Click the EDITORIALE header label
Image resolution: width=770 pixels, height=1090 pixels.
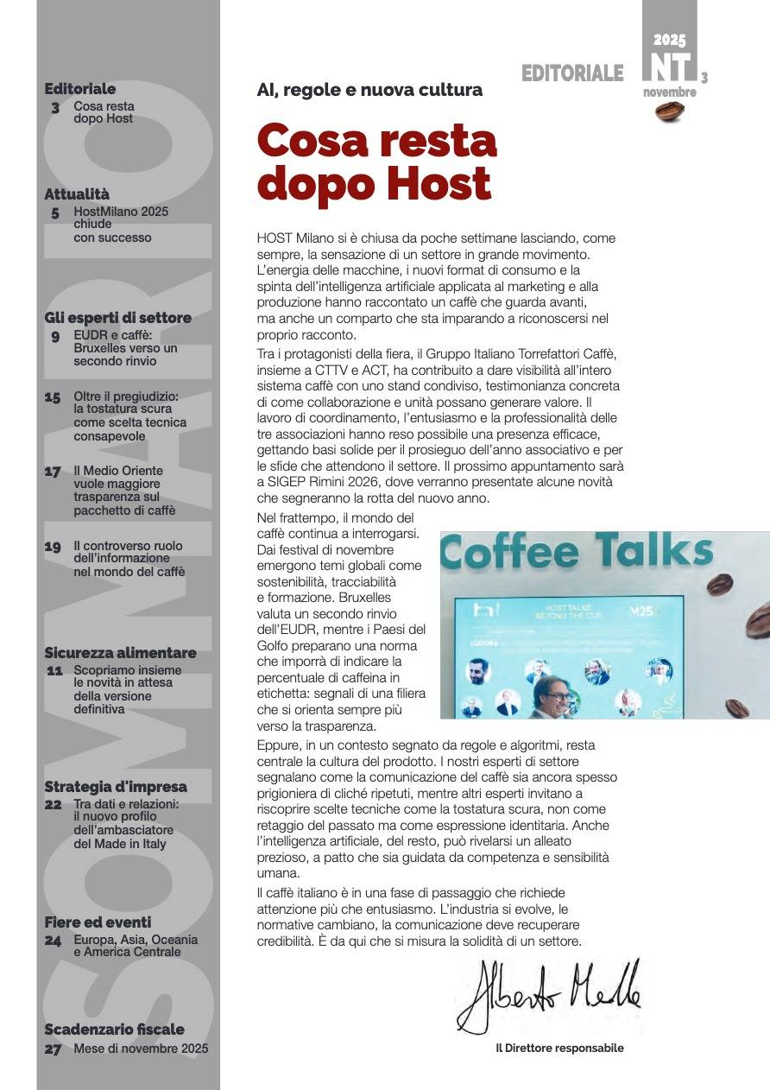coord(571,74)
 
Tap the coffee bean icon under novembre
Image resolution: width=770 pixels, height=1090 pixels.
coord(669,111)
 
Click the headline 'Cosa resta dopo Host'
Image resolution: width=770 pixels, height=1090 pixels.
coord(377,162)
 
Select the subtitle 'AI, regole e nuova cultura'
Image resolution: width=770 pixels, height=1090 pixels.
coord(369,90)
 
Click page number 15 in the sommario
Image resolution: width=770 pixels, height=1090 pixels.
coord(53,397)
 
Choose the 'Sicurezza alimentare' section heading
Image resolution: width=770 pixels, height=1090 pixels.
coord(120,653)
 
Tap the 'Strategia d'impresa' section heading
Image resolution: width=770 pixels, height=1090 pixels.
coord(115,787)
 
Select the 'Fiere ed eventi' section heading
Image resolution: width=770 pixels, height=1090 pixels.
coord(98,922)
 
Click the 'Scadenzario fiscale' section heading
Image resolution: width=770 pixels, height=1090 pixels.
coord(114,1030)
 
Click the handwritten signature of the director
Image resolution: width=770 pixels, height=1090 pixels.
coord(549,995)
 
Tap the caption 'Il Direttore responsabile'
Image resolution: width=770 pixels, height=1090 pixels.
coord(559,1049)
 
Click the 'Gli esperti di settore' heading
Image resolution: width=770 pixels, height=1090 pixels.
coord(117,318)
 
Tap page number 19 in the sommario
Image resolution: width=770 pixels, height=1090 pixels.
coord(53,547)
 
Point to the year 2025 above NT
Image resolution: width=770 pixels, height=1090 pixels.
coord(669,40)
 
